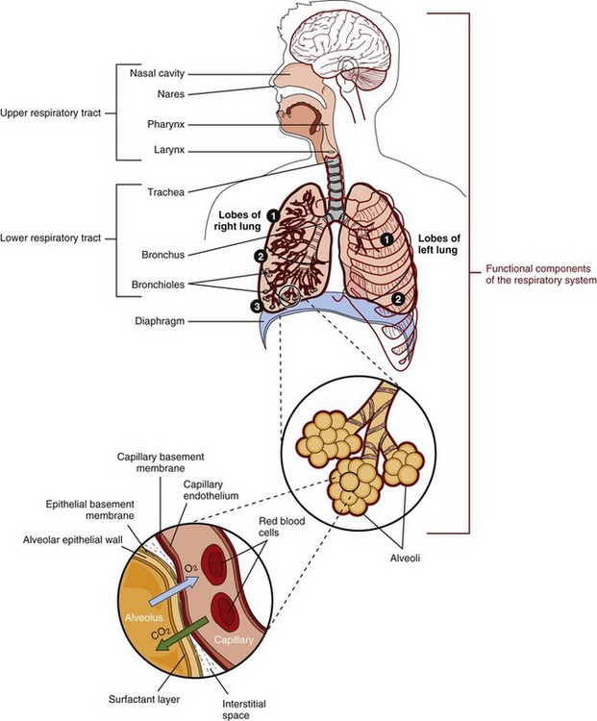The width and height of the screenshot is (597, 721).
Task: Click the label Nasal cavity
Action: point(157,73)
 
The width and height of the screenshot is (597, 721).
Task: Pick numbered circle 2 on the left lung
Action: point(396,299)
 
